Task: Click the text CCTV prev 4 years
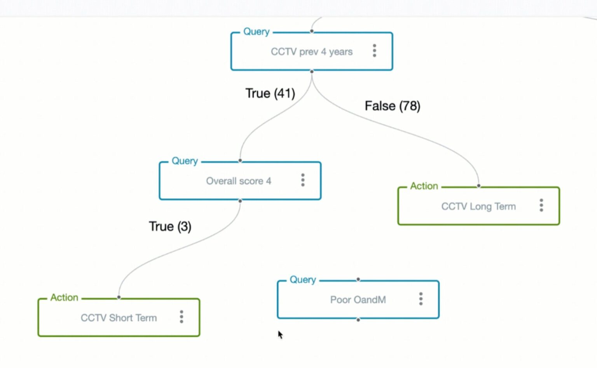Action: [311, 52]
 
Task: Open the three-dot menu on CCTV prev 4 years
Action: [374, 51]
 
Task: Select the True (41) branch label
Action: [270, 93]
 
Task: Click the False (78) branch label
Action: [392, 106]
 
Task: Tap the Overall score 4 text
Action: [238, 181]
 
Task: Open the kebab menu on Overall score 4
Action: [303, 180]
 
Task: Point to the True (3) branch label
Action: [170, 226]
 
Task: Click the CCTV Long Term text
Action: [478, 207]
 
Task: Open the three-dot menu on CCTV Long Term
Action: [541, 205]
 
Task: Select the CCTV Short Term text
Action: [119, 318]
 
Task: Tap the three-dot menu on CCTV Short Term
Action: [182, 317]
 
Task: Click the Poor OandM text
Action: [358, 300]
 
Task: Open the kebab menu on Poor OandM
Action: [421, 299]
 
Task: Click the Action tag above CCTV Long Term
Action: [424, 186]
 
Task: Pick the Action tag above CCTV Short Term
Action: [64, 298]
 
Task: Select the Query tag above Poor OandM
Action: [302, 280]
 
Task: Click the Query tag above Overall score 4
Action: [185, 161]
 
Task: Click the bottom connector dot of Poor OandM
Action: [358, 319]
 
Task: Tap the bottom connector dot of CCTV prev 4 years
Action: [312, 72]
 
